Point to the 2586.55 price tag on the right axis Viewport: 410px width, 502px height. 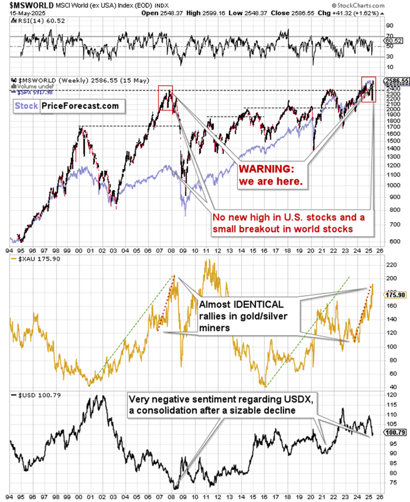point(396,80)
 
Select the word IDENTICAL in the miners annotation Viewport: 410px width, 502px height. point(246,304)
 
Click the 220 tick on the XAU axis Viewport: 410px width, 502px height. point(391,265)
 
